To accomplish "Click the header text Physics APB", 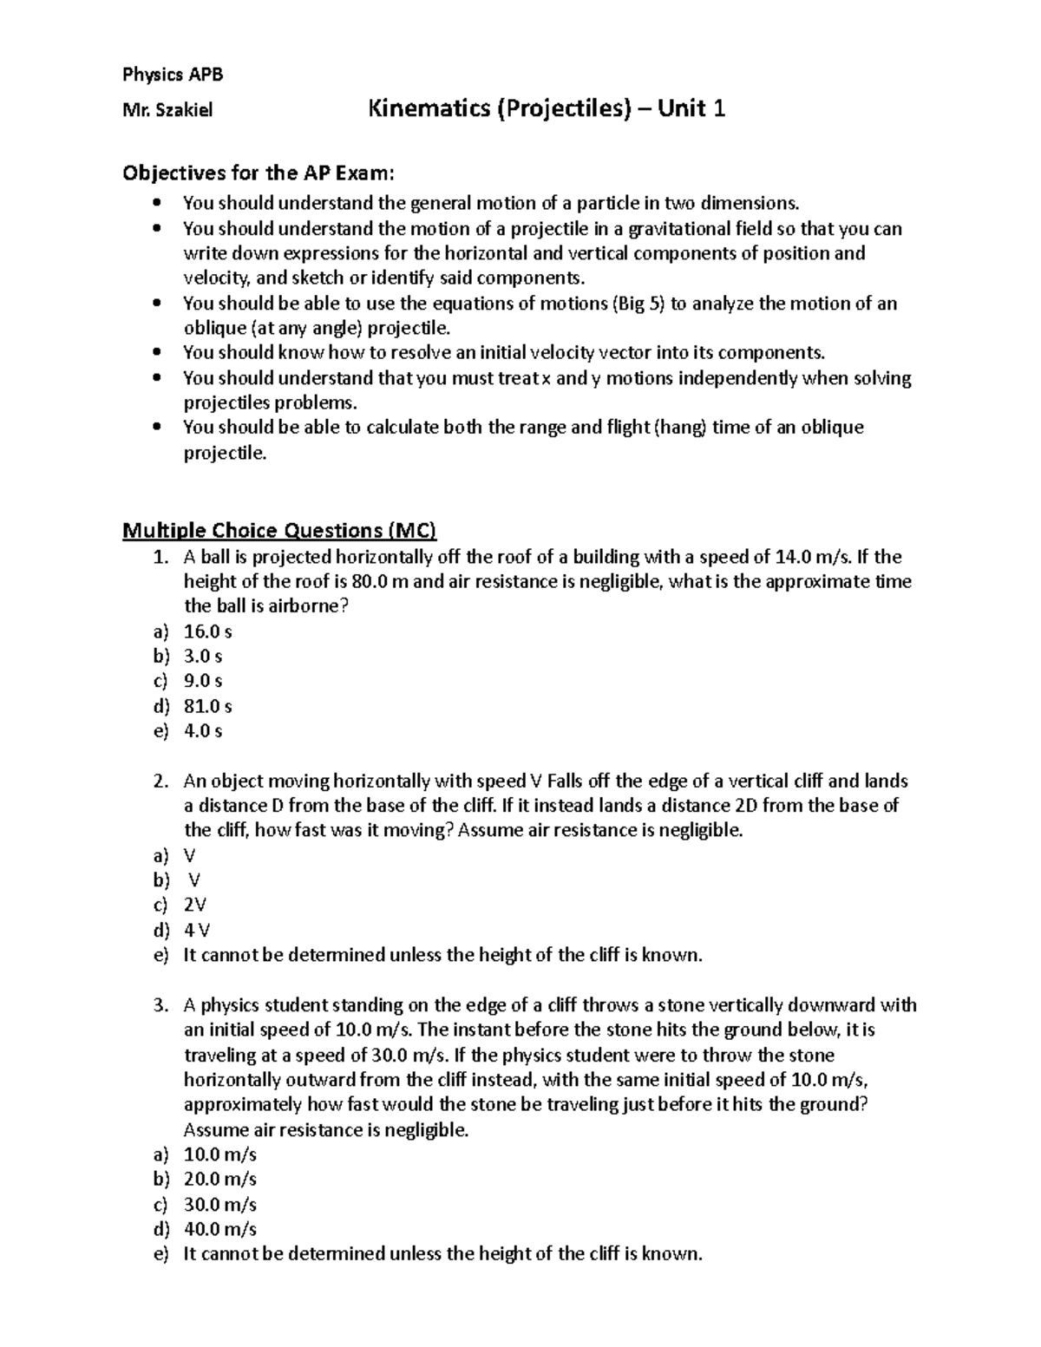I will (x=173, y=75).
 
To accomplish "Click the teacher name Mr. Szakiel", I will (x=167, y=110).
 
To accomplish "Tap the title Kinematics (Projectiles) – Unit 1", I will (x=547, y=109).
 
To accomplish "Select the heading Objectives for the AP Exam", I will (x=259, y=173).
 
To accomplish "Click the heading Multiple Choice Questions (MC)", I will (x=279, y=530).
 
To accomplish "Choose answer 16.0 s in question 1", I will (x=207, y=631).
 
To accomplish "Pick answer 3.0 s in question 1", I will (x=203, y=657).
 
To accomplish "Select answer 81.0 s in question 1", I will (x=207, y=706).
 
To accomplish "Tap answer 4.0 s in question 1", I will (x=203, y=731).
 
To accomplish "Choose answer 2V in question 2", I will (x=195, y=906).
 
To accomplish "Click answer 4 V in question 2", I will (x=197, y=931).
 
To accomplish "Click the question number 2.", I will (x=160, y=781).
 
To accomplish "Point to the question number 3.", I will (x=160, y=1005).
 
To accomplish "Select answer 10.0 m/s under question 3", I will (x=219, y=1154).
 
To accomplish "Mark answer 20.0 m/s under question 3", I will (x=219, y=1180).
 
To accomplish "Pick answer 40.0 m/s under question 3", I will (x=219, y=1229).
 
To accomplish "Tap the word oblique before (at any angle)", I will (x=213, y=329).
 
